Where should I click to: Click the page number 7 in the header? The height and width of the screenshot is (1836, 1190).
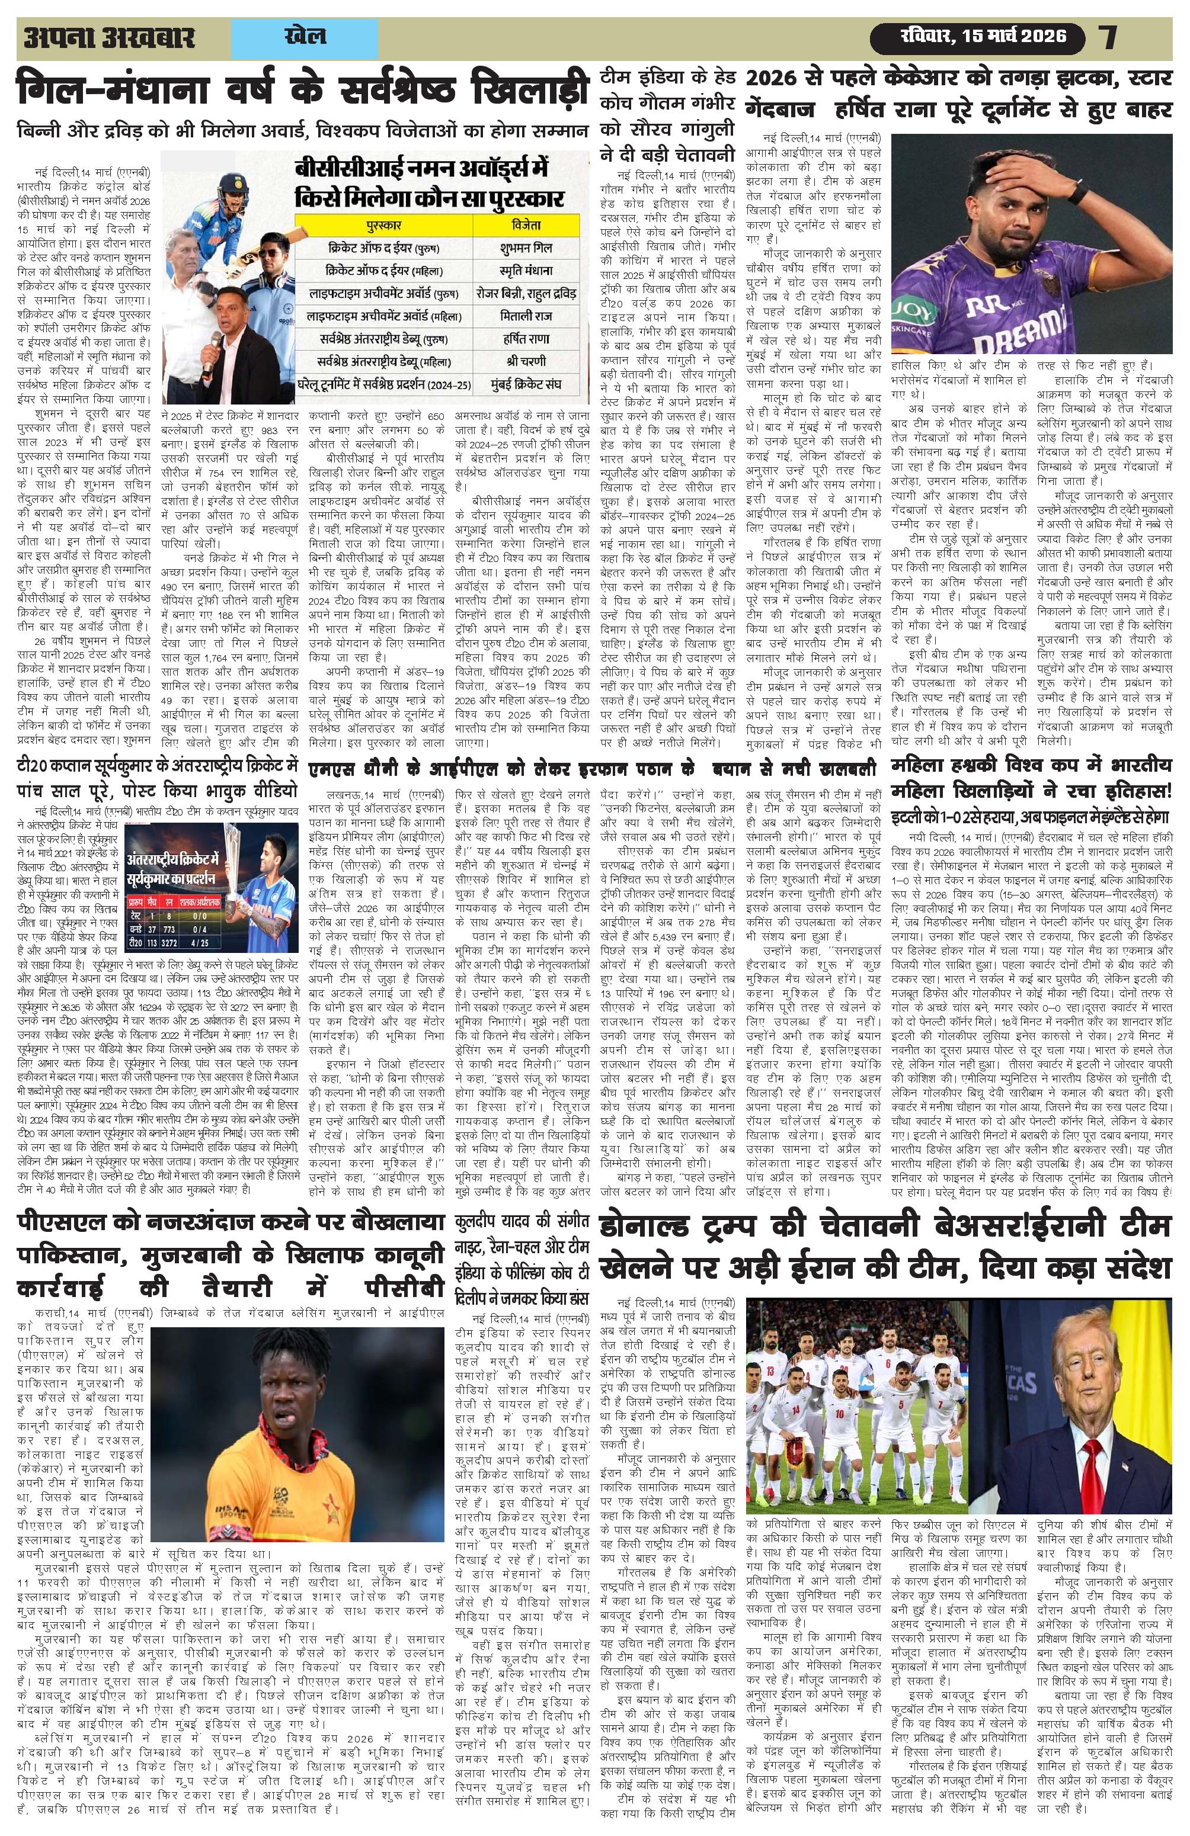coord(1109,36)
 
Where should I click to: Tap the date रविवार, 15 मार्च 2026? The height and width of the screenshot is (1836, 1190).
coord(981,36)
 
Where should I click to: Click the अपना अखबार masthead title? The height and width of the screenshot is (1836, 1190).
coord(109,37)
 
